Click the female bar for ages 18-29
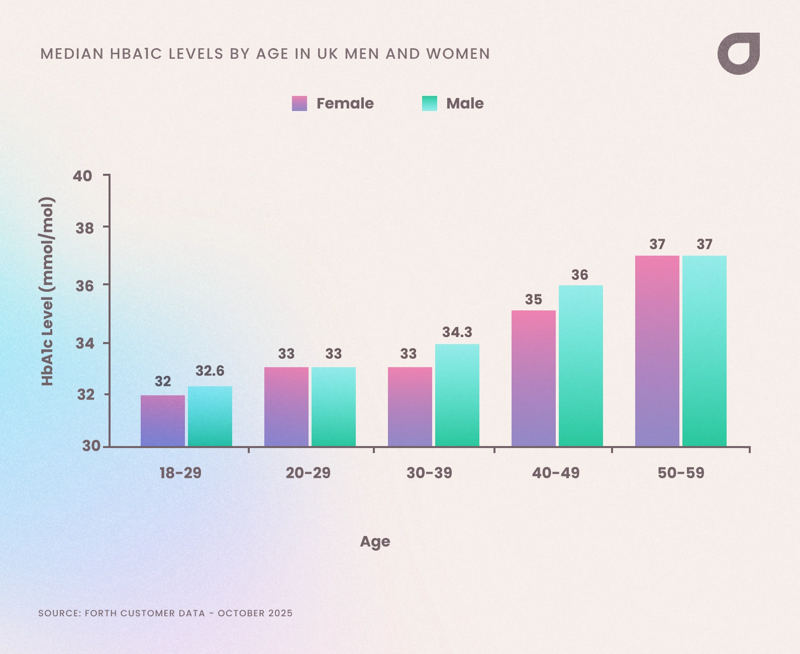coord(163,421)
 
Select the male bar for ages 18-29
coord(210,416)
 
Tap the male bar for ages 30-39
coord(457,395)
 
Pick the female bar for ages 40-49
coord(534,378)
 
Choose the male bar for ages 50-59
coord(705,351)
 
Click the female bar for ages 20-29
coord(286,407)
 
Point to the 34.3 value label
coord(457,332)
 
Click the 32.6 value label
coord(210,371)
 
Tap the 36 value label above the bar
coord(580,275)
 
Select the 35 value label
coord(534,300)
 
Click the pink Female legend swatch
coord(299,103)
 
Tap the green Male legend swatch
coord(430,103)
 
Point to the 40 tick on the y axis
coord(83,176)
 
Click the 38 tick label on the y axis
coord(84,229)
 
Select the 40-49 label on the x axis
coord(556,473)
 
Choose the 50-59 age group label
coord(681,473)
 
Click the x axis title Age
coord(375,541)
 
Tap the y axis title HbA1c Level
coord(47,291)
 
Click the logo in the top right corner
coord(739,54)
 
